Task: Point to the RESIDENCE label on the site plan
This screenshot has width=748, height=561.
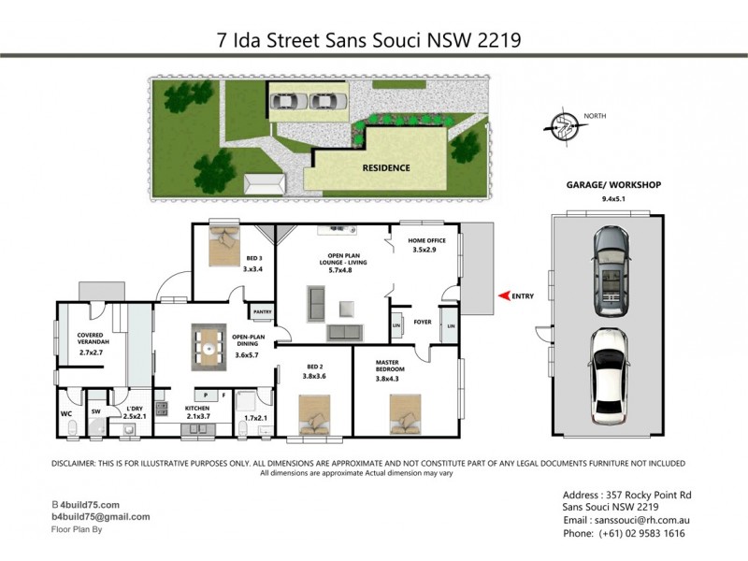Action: [386, 168]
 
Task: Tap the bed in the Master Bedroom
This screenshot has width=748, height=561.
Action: [408, 410]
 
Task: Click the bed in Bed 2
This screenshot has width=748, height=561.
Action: [317, 411]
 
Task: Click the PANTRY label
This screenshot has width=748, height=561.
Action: [263, 312]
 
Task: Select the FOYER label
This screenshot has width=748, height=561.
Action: [423, 322]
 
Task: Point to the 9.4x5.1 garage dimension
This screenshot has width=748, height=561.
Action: [612, 199]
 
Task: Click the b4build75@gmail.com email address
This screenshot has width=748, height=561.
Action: [101, 516]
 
